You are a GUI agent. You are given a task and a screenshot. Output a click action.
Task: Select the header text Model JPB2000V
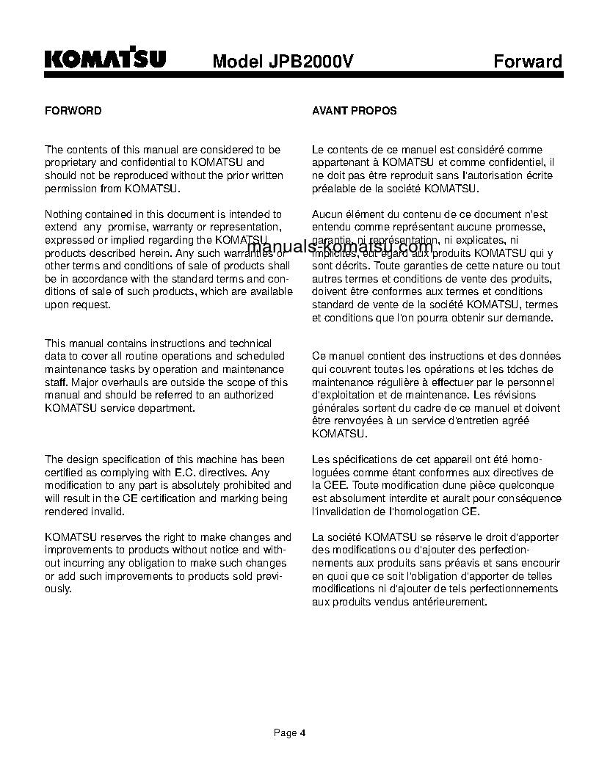click(x=283, y=62)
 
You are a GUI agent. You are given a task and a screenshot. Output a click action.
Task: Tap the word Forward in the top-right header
click(x=527, y=61)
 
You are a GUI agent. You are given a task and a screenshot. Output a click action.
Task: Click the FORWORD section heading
click(x=73, y=111)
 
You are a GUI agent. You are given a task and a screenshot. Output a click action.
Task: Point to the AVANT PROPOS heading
click(x=355, y=111)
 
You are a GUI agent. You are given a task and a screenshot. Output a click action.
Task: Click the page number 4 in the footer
click(x=302, y=732)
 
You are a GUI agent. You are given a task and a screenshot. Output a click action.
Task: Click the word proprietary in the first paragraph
click(x=70, y=163)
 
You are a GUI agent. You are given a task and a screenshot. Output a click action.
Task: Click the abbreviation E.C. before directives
click(x=191, y=473)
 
